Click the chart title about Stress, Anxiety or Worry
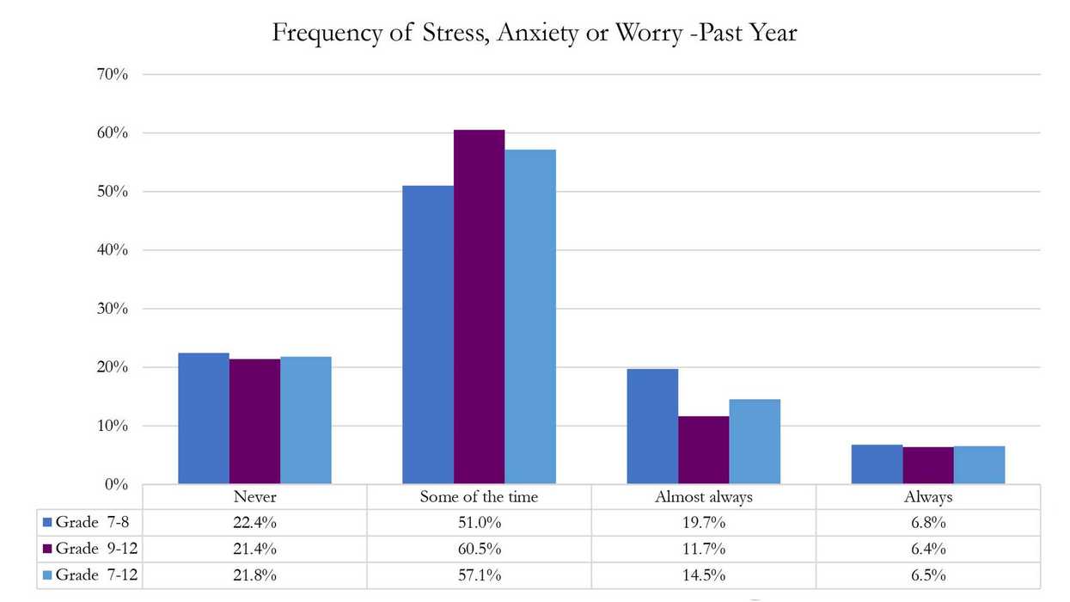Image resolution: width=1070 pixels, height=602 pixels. (x=535, y=33)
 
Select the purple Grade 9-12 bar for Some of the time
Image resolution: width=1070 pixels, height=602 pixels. (x=479, y=307)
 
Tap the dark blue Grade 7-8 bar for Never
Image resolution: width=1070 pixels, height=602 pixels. (x=204, y=419)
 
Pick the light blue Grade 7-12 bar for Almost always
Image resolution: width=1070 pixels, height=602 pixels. (x=755, y=441)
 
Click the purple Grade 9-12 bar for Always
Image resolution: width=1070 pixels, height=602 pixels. (x=927, y=465)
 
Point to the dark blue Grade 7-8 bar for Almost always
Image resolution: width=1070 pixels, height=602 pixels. (x=652, y=427)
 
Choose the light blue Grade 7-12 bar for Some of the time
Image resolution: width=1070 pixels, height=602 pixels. (x=530, y=316)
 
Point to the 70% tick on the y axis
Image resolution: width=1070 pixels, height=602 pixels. (x=112, y=75)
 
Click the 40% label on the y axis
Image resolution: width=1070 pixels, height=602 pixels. (x=112, y=250)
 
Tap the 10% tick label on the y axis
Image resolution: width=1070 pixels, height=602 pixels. (x=112, y=426)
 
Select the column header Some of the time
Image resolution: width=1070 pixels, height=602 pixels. (x=479, y=497)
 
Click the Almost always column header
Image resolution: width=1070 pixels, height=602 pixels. (x=703, y=497)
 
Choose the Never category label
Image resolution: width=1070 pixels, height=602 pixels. (x=255, y=497)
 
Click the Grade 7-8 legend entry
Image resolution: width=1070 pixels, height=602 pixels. (x=90, y=522)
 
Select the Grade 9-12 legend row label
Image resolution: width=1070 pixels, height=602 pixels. (x=90, y=549)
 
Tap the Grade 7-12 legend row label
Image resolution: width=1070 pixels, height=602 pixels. (x=90, y=575)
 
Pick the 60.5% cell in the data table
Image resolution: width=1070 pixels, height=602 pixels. (x=479, y=549)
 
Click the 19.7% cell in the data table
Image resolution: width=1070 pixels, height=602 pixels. (x=703, y=522)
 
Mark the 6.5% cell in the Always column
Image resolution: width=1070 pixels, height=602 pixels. (x=928, y=575)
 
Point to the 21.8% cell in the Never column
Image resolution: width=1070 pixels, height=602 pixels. (x=255, y=575)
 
